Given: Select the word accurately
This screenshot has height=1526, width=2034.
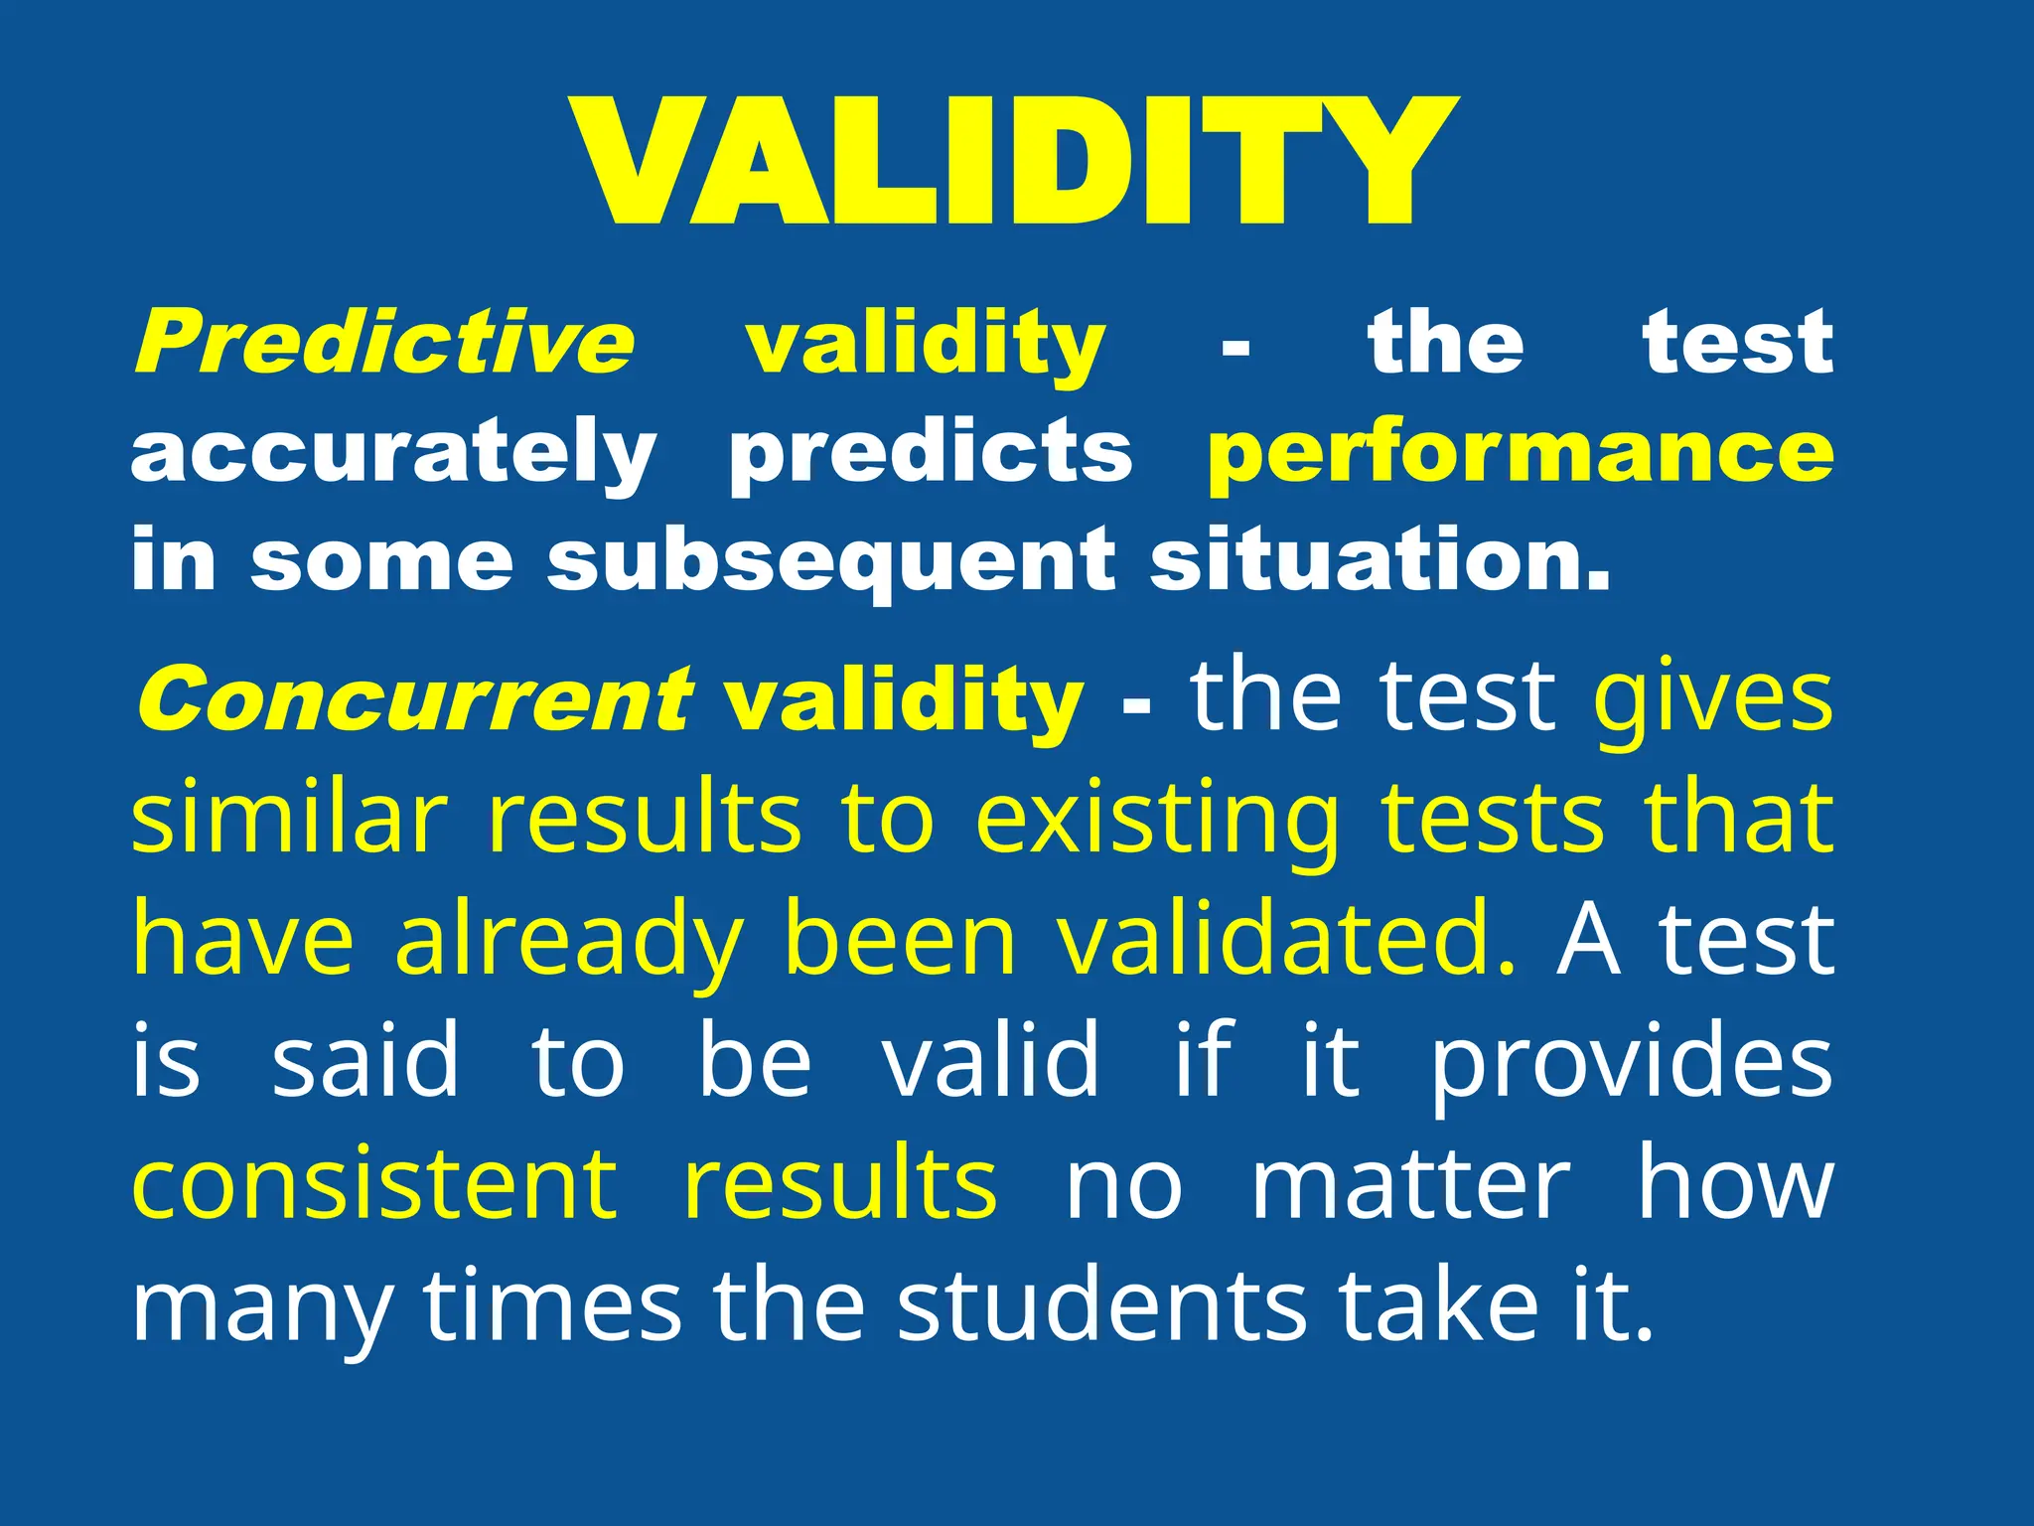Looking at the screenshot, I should [x=393, y=452].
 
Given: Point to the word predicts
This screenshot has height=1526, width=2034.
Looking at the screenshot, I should [x=931, y=452].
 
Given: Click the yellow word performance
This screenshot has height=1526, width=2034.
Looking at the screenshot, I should [x=1521, y=452].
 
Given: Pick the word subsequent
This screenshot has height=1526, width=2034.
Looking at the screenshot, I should [x=831, y=561].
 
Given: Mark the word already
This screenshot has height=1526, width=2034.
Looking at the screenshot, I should [x=569, y=941].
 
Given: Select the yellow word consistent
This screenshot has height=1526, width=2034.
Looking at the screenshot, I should [x=374, y=1183].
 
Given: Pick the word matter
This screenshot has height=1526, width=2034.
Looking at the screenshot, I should [x=1410, y=1183].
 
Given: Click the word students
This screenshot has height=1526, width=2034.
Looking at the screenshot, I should [x=1101, y=1304].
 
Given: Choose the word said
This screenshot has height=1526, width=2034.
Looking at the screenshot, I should [x=365, y=1061].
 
